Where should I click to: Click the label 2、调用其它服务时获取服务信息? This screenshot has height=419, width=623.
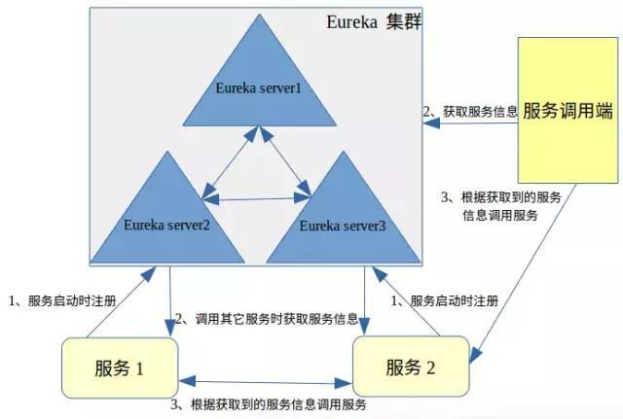click(x=266, y=319)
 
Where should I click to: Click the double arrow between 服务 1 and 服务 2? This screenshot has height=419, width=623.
click(x=266, y=380)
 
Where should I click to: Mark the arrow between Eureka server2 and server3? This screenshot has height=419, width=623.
click(x=256, y=199)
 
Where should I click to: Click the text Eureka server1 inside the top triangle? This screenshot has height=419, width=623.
click(x=258, y=89)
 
